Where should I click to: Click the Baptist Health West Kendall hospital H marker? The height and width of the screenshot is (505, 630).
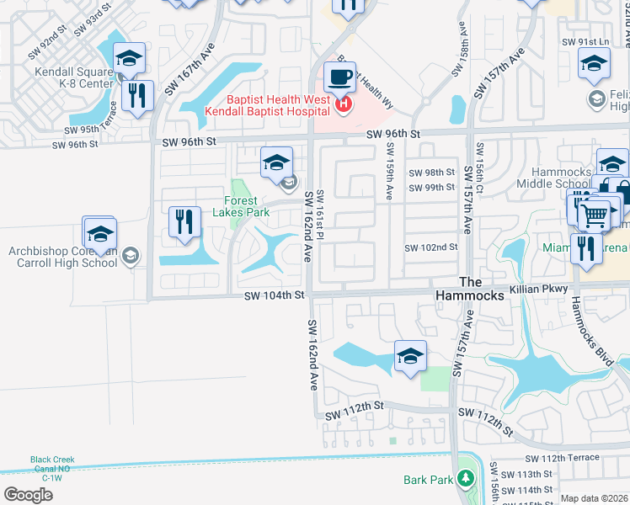click(343, 105)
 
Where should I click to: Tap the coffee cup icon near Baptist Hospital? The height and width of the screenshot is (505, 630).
click(339, 77)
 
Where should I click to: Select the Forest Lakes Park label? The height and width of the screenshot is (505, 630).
click(247, 206)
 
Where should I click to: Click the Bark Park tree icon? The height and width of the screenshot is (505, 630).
click(465, 480)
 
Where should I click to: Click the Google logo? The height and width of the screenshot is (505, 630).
click(28, 495)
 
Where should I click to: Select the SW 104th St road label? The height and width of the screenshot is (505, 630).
click(273, 295)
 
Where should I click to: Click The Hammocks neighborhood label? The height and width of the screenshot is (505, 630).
click(469, 289)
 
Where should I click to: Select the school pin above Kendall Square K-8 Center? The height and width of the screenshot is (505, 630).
click(129, 58)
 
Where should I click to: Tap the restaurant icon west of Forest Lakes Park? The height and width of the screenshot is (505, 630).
click(184, 222)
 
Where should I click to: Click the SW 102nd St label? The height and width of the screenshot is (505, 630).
click(430, 247)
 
